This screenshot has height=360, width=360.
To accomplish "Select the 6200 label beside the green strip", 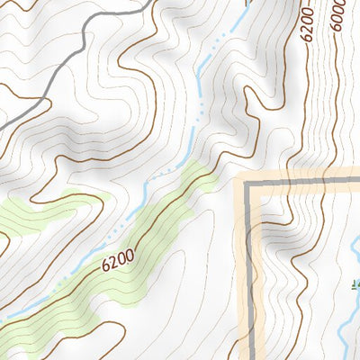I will [118, 262].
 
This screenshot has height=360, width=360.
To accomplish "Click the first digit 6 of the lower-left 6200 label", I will [105, 268].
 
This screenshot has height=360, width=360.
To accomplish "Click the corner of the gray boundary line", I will [249, 182].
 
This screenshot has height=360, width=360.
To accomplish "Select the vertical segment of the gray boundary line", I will [249, 270].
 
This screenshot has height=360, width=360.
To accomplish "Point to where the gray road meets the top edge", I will [144, 2].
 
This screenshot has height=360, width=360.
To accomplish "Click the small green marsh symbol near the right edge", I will [355, 286].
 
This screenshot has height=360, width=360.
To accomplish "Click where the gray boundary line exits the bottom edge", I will [249, 357].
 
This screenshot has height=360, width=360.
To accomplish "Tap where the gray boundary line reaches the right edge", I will [357, 181].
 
